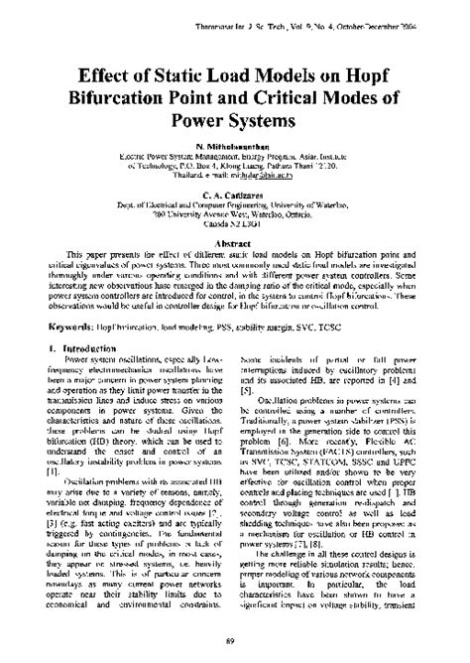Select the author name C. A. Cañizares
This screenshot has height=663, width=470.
(x=235, y=195)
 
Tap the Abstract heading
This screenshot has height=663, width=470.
(x=235, y=241)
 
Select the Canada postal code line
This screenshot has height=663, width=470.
(x=235, y=227)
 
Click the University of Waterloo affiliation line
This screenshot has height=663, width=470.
(x=235, y=206)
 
